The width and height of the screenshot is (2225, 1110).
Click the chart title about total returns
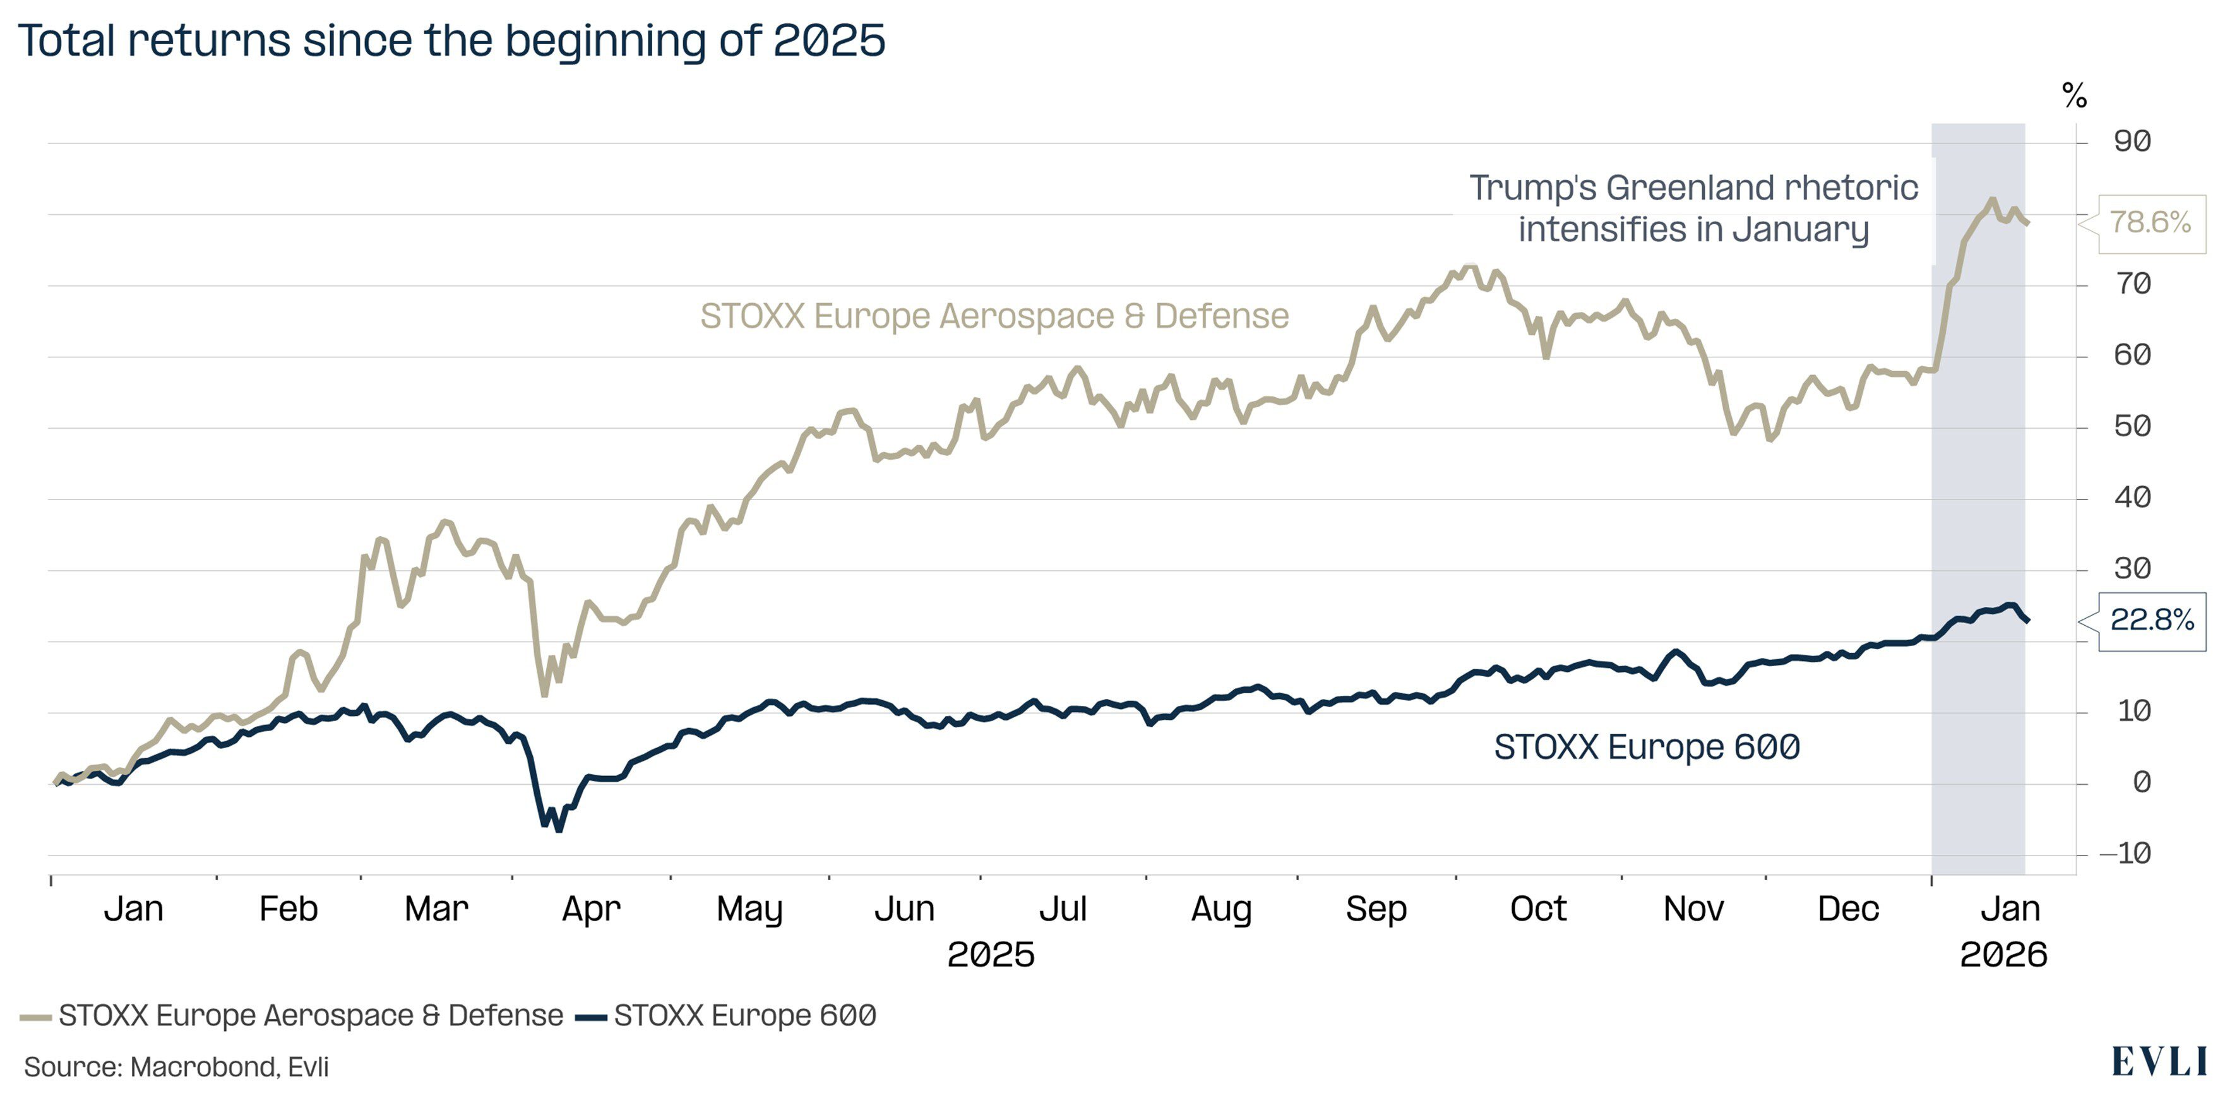[451, 40]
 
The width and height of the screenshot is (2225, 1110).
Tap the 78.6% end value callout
[2150, 223]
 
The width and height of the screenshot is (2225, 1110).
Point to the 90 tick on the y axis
[2132, 141]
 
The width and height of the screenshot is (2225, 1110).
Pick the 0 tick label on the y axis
[2141, 782]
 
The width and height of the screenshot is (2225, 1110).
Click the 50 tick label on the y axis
[2132, 426]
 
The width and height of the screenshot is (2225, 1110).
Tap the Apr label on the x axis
[591, 909]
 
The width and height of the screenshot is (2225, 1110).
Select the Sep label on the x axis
[1376, 909]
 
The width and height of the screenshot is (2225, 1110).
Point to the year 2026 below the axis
[2003, 955]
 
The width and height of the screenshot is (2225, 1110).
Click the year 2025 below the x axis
[991, 955]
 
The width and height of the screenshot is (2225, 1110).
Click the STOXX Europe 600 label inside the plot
[1646, 747]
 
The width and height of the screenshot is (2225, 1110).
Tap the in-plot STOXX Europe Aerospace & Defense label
[994, 316]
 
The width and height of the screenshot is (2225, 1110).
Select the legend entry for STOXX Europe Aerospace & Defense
[294, 1016]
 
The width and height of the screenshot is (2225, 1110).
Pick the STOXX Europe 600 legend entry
[727, 1016]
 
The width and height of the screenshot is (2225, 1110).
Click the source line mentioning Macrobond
[176, 1068]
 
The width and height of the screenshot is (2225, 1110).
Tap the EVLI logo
[2159, 1061]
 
